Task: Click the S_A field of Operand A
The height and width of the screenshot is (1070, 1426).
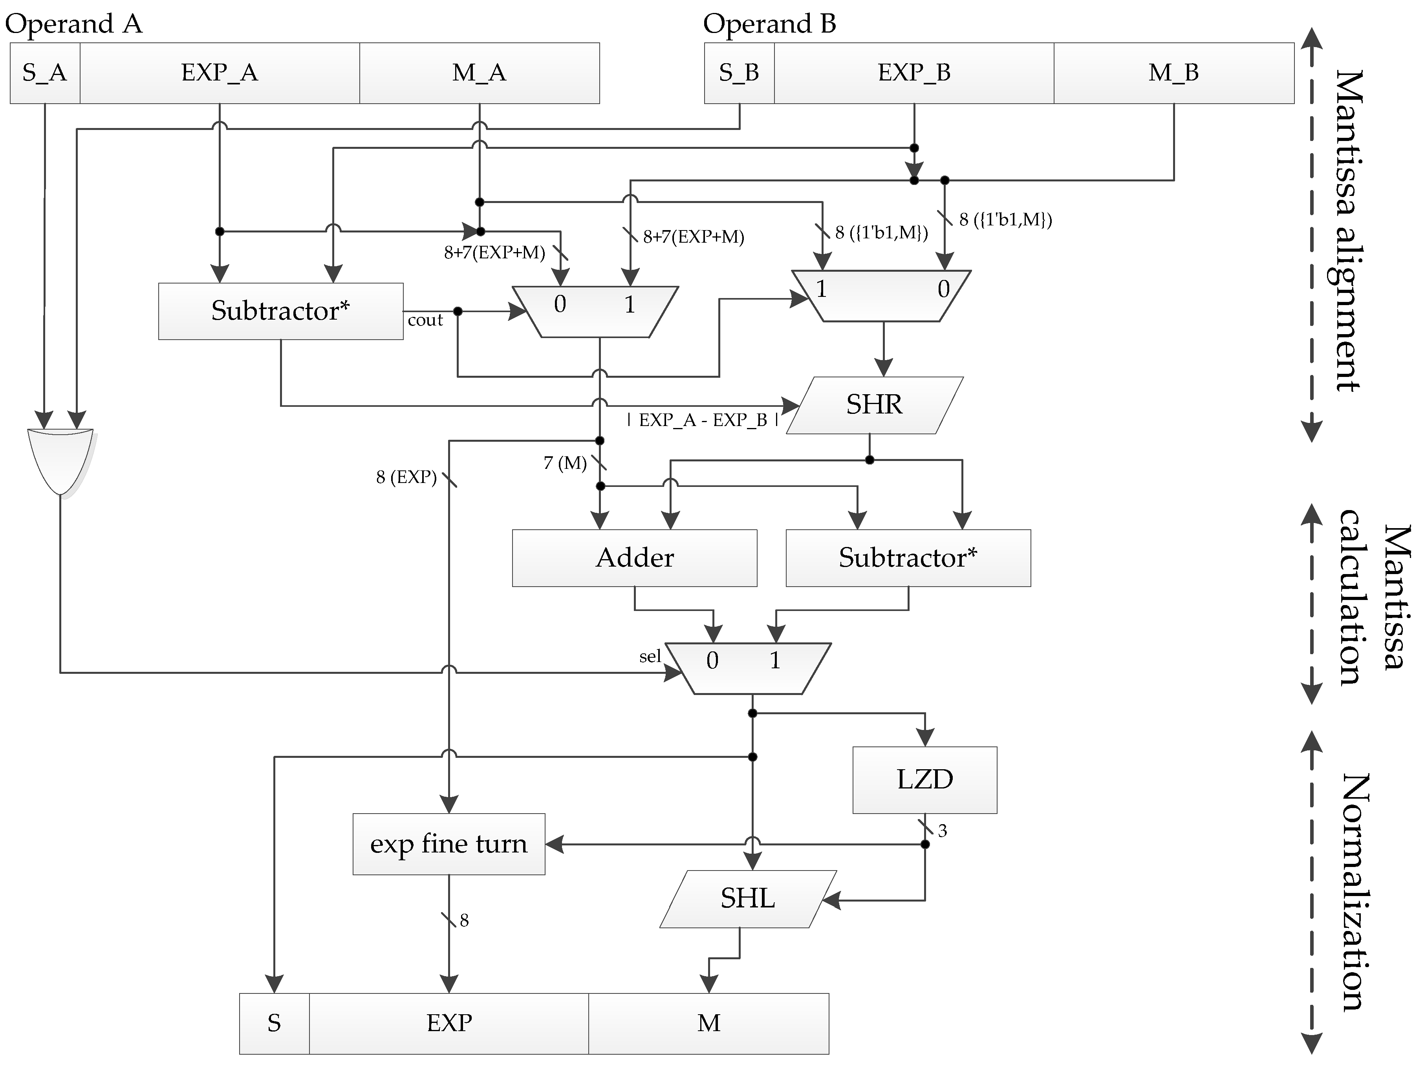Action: tap(44, 73)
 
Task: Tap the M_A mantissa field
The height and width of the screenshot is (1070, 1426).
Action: tap(479, 73)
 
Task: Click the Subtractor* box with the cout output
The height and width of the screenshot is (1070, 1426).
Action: tap(280, 311)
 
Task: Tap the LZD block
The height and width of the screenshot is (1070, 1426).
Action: tap(924, 780)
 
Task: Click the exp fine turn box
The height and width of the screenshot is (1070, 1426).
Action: tap(448, 844)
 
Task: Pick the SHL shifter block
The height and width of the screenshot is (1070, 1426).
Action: tap(748, 899)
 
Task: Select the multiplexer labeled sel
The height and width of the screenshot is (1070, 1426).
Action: tap(748, 668)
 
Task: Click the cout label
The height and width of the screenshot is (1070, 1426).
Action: tap(425, 320)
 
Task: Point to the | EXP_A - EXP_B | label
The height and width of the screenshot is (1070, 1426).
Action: tap(703, 420)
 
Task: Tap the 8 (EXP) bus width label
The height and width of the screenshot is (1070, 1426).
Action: tap(406, 477)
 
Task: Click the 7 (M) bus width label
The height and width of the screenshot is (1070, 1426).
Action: tap(565, 463)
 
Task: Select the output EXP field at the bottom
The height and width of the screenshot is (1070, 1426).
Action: tap(448, 1024)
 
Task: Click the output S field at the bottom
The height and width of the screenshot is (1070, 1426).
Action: tap(274, 1024)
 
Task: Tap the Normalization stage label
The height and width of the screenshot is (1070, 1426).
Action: tap(1354, 893)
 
